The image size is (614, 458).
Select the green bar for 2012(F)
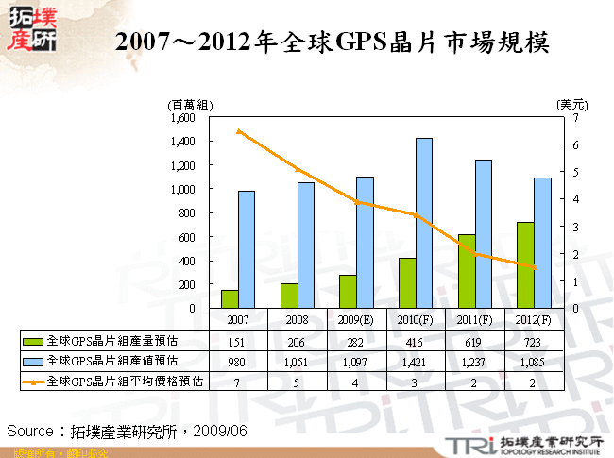[x=525, y=264]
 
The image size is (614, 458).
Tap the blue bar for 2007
[x=246, y=249]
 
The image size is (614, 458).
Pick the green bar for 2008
[x=289, y=296]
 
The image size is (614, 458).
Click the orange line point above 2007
[x=238, y=130]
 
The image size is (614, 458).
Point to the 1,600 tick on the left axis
[x=182, y=118]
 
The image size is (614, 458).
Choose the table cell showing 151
[x=238, y=342]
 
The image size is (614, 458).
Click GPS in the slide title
[x=362, y=42]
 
